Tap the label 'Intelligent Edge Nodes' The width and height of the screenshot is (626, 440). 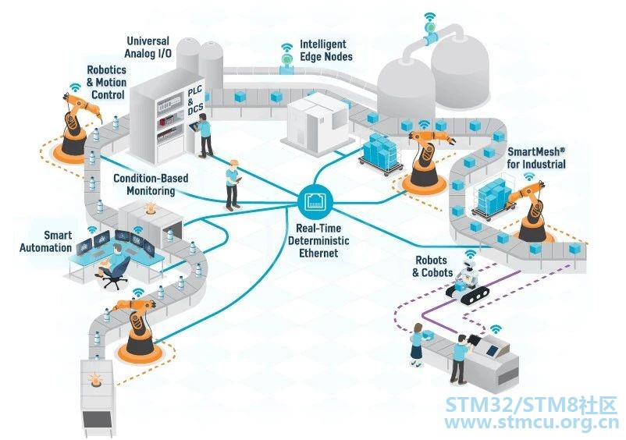pos(326,50)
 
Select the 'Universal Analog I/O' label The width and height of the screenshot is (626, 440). pos(148,47)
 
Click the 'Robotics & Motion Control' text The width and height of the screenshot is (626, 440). pos(107,82)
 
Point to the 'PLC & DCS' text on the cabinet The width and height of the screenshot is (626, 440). pos(195,100)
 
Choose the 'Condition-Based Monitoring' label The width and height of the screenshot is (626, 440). pos(151,184)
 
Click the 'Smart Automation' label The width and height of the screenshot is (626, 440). pos(46,241)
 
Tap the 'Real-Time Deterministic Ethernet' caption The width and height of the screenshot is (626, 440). pos(318,240)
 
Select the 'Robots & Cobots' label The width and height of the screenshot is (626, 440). pos(432,267)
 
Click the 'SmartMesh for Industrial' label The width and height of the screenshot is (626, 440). pos(536,158)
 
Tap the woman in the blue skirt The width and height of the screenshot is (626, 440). pos(417,344)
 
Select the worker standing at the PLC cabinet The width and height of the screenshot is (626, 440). pos(205,135)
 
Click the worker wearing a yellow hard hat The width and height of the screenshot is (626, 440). pos(233,185)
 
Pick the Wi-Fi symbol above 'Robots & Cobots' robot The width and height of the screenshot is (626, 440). pos(471,254)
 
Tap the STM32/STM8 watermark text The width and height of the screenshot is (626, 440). pos(532,406)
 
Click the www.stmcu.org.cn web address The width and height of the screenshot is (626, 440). pos(532,423)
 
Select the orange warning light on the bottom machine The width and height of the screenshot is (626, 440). pos(96,379)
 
